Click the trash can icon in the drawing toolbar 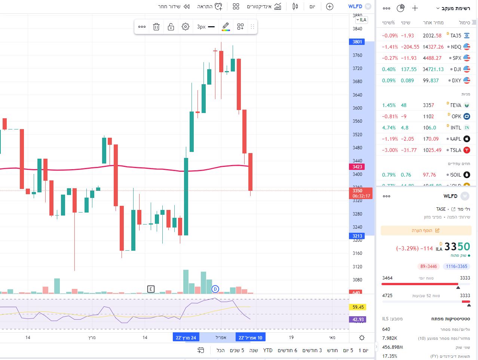[x=156, y=27]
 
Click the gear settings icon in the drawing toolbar [x=186, y=27]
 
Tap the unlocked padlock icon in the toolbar [x=171, y=27]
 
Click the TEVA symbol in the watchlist [x=456, y=105]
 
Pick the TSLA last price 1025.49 [x=432, y=150]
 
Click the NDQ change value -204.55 [x=410, y=47]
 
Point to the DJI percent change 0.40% [x=389, y=69]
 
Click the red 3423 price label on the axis [x=357, y=167]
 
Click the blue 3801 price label [x=357, y=42]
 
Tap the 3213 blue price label [x=357, y=236]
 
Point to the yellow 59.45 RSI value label [x=358, y=307]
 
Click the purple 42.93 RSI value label [x=358, y=320]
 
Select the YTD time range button [x=268, y=350]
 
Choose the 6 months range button [x=287, y=350]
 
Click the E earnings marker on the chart [x=151, y=289]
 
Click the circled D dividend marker [x=215, y=289]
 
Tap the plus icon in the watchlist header [x=415, y=8]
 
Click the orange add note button [x=426, y=231]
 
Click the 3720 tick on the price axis [x=357, y=68]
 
